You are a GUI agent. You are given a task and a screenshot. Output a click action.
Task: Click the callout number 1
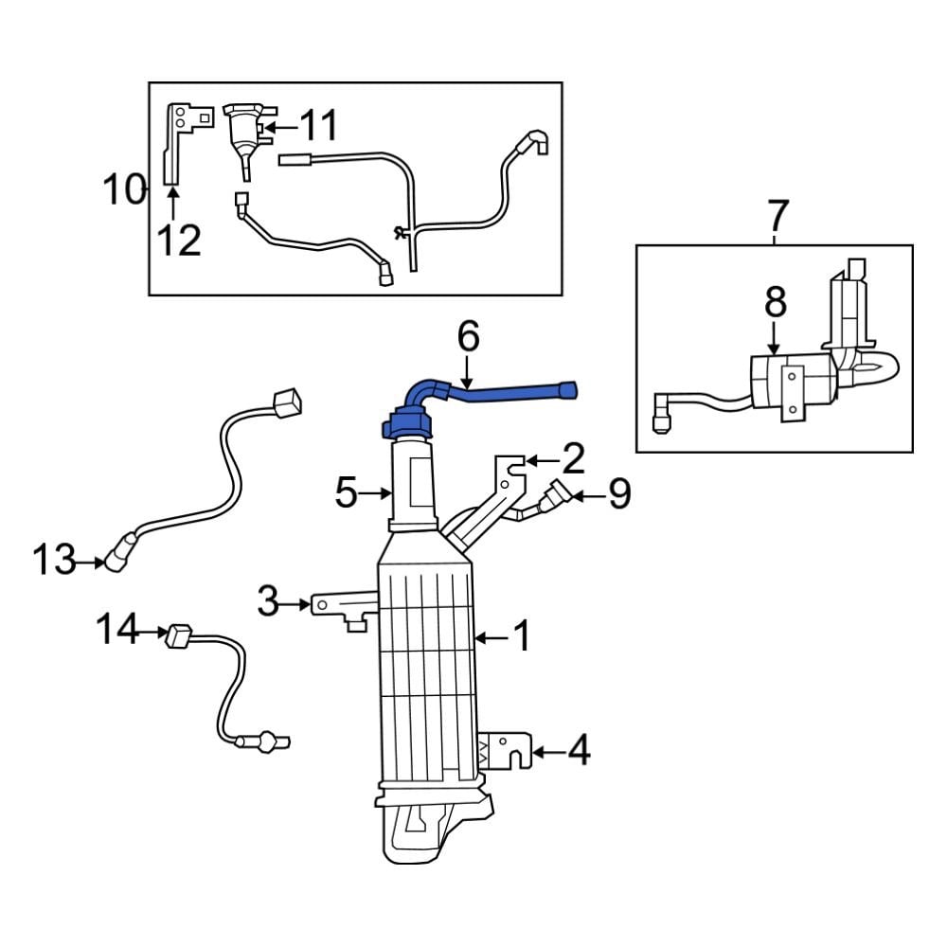(522, 638)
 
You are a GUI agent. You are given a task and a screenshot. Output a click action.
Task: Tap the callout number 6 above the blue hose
(468, 336)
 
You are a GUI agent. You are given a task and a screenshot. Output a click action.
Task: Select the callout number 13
(53, 561)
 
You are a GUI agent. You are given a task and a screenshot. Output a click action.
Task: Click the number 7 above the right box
(776, 217)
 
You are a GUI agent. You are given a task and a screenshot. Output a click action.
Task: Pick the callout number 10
(123, 190)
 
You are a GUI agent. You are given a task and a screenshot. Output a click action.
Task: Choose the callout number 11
(318, 124)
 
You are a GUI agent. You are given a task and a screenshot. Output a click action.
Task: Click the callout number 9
(619, 494)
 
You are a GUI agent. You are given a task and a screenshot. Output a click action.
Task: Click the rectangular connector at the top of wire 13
(288, 404)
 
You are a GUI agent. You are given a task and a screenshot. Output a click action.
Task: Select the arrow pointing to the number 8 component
(775, 338)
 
